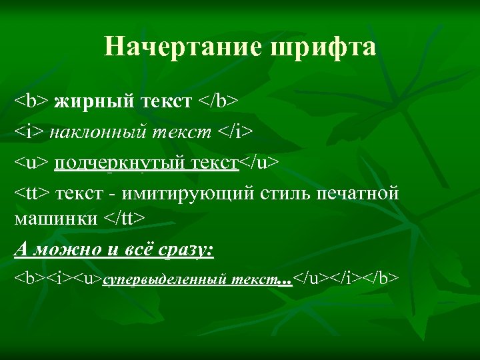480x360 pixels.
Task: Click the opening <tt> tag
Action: pyautogui.click(x=32, y=194)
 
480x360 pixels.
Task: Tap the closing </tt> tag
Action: pyautogui.click(x=125, y=218)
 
